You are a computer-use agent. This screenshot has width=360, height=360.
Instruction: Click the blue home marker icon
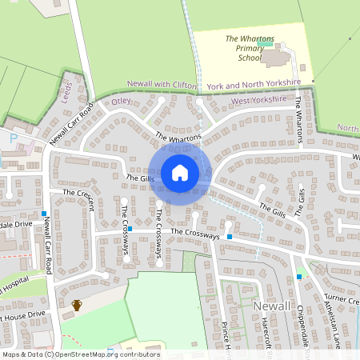[180, 173]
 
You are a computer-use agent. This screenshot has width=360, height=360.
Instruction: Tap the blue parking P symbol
[13, 138]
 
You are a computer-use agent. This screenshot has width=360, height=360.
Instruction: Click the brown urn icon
[77, 305]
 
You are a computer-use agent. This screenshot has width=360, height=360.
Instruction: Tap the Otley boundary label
[120, 102]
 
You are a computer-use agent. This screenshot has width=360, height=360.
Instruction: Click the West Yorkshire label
[258, 101]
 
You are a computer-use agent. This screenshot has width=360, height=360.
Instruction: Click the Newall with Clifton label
[163, 83]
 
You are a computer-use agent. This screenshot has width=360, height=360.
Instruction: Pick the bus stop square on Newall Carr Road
[43, 214]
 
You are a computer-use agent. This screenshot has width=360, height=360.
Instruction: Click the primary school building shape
[277, 58]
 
